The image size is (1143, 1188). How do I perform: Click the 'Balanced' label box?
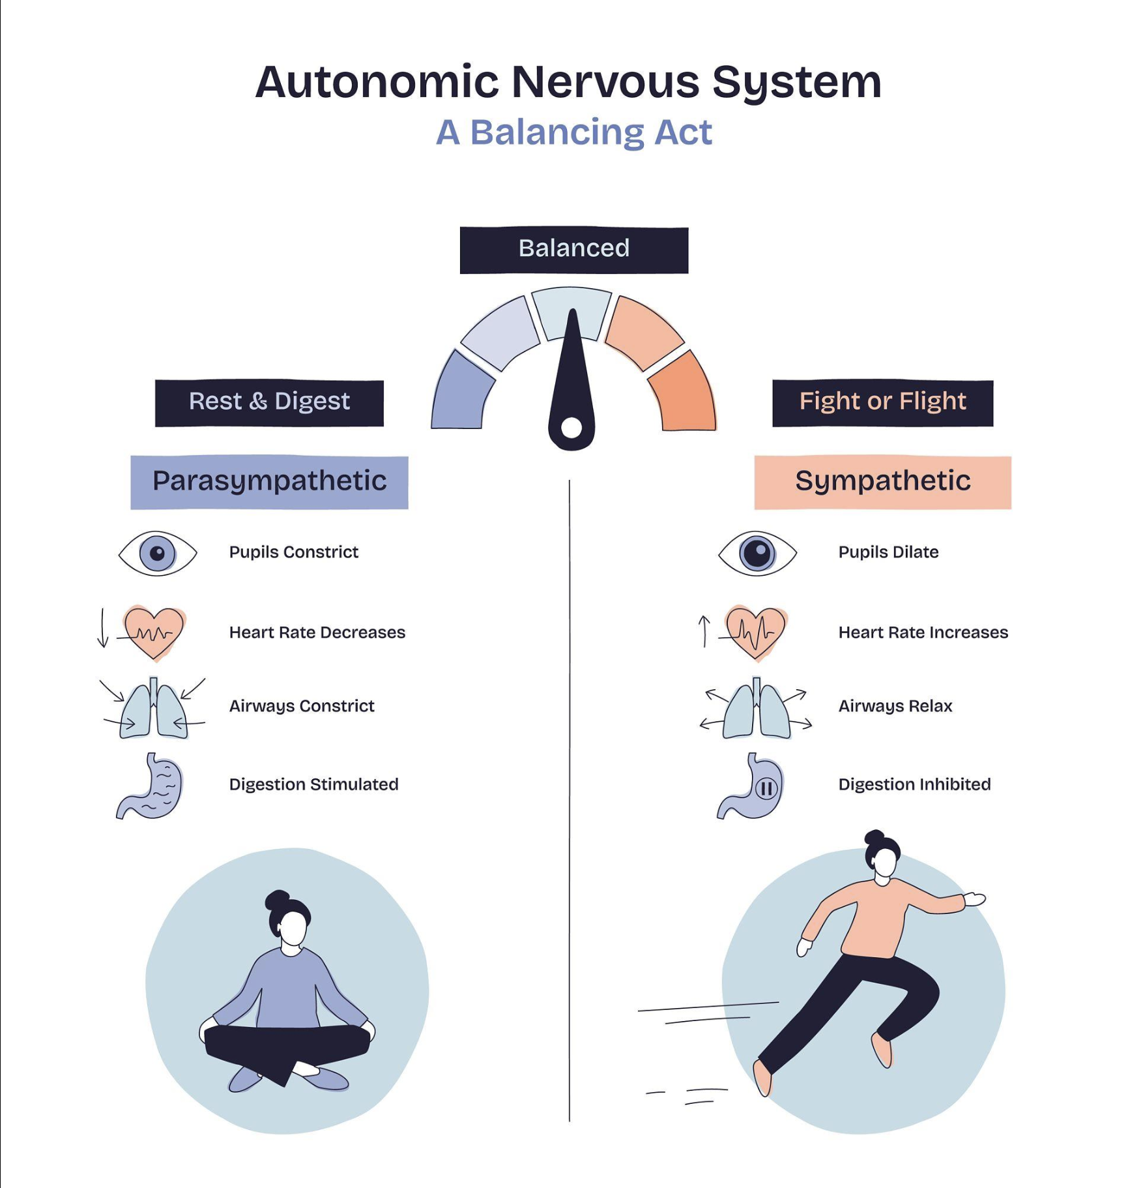coord(573,250)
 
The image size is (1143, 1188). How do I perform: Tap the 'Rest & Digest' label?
coord(269,402)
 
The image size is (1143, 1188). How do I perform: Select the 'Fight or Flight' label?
coord(882,402)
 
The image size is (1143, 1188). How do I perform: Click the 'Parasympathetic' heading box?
coord(269,482)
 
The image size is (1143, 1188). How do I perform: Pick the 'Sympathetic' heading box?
coord(882,482)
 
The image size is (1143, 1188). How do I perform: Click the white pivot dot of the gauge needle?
coord(571,428)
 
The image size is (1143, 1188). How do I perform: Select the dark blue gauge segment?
coord(461,394)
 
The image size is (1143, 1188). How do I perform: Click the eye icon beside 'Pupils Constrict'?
coord(158,554)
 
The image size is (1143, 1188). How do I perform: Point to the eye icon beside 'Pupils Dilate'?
coord(757,554)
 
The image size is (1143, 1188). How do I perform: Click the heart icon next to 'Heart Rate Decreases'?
coord(154,632)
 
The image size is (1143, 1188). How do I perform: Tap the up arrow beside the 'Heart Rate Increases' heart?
coord(704,631)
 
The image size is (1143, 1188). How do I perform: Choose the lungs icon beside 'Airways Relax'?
coord(756,709)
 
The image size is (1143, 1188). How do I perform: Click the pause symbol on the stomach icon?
coord(767,789)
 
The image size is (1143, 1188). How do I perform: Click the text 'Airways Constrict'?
coord(302,706)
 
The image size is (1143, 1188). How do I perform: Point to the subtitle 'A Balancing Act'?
coord(573,132)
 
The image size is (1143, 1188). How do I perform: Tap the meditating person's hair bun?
coord(276,900)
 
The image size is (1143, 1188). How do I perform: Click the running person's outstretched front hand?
coord(975,898)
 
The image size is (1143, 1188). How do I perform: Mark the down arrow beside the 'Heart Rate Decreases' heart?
coord(102,629)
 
